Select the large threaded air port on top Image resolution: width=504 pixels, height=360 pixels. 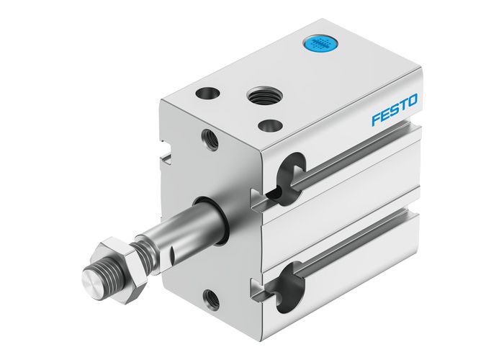click(258, 94)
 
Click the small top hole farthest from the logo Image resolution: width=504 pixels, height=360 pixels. click(207, 93)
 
